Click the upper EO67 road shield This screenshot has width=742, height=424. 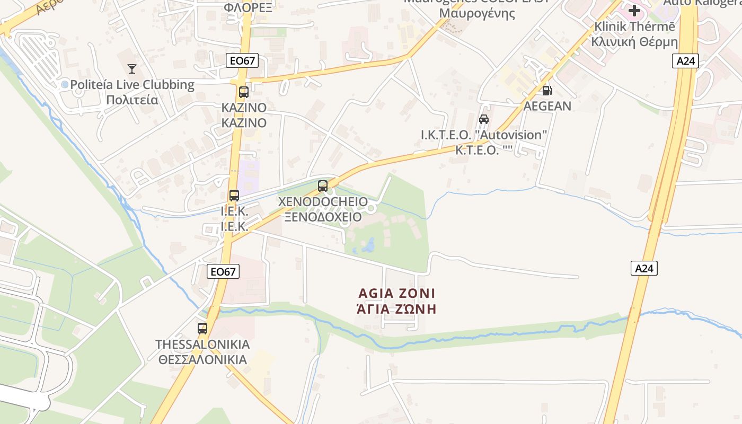(x=243, y=60)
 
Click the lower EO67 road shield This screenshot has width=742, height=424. (x=223, y=271)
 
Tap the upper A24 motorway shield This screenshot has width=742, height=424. (x=686, y=61)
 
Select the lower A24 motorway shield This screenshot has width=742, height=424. (x=644, y=268)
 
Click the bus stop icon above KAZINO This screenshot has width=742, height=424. (x=244, y=92)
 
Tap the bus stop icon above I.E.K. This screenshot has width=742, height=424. (x=234, y=195)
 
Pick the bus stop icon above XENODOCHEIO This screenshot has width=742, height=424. (x=323, y=186)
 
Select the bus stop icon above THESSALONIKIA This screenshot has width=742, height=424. (x=202, y=328)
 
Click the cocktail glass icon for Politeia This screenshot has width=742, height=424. (x=132, y=68)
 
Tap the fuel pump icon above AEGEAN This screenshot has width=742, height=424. (x=547, y=91)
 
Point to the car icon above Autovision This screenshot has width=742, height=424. (x=483, y=119)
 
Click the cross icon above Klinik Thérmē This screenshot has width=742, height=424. (x=634, y=10)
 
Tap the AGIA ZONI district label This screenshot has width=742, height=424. (x=396, y=293)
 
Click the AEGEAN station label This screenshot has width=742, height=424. (x=547, y=106)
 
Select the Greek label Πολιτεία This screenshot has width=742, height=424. (x=132, y=100)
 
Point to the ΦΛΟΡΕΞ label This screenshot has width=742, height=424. (x=248, y=7)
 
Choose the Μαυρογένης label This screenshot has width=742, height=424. (x=477, y=13)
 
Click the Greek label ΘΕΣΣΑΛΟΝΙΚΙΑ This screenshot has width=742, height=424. (x=202, y=359)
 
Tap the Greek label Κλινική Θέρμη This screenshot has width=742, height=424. (x=634, y=41)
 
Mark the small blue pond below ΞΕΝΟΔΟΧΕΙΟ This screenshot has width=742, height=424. (x=367, y=246)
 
